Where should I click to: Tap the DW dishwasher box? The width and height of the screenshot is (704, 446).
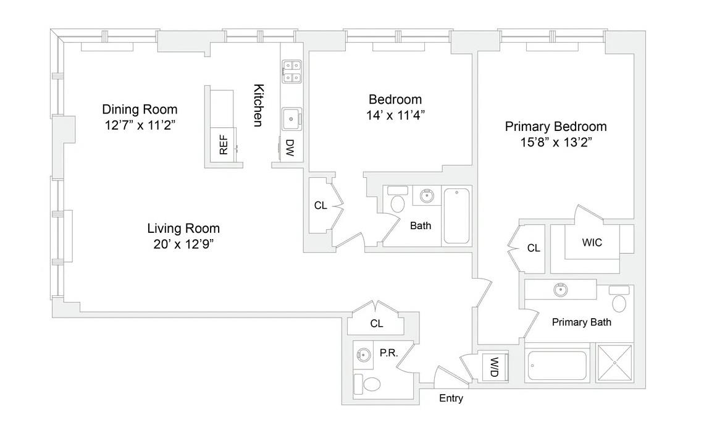(x=289, y=148)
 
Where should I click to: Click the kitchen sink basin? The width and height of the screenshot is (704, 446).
(x=291, y=119)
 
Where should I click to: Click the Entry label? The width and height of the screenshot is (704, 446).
(x=451, y=398)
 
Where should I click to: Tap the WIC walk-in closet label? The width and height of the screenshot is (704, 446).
(x=592, y=243)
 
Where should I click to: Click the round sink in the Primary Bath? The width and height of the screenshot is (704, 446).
(x=561, y=289)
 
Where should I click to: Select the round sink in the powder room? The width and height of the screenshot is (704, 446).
(x=364, y=355)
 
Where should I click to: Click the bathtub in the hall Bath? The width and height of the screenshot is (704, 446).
(x=456, y=216)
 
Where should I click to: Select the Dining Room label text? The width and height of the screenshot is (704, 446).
(x=140, y=109)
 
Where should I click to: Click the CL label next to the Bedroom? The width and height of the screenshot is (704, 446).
(x=320, y=206)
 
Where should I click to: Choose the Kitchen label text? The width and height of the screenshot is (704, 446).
(x=258, y=105)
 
